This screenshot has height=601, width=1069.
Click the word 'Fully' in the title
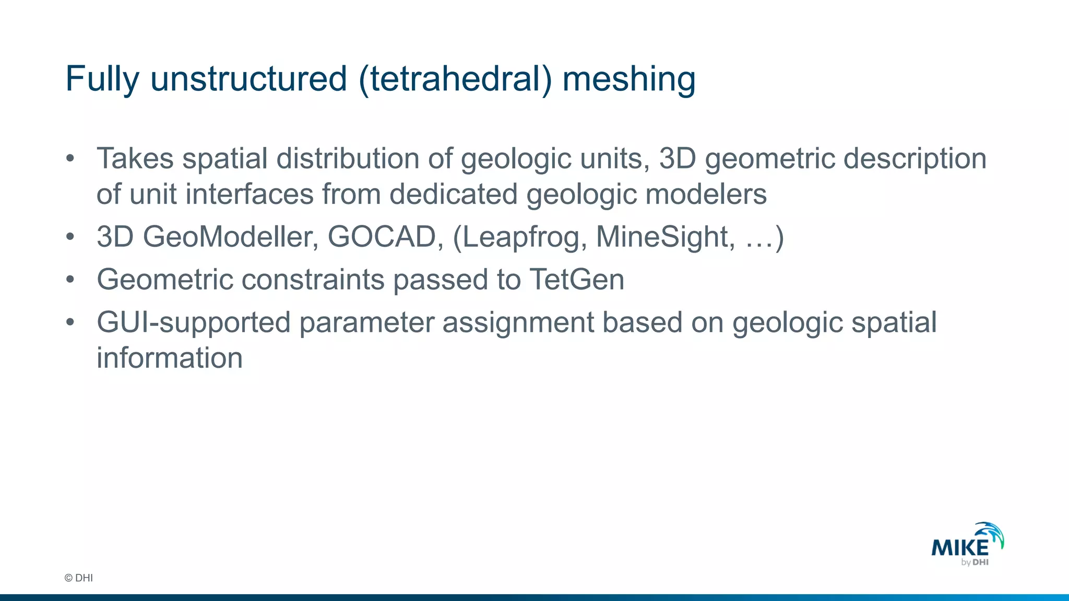[x=102, y=79]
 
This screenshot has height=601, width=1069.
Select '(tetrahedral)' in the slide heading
[x=455, y=79]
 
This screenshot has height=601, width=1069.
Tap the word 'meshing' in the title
[x=629, y=79]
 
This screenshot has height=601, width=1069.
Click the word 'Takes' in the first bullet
[x=135, y=159]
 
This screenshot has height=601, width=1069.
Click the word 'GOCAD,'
[x=385, y=237]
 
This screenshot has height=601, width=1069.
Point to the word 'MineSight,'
[x=666, y=237]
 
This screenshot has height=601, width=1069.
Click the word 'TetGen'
[x=577, y=280]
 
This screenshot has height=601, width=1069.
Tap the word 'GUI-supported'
[x=194, y=322]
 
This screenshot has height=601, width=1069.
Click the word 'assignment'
[x=518, y=322]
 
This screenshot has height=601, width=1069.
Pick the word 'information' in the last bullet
[x=170, y=358]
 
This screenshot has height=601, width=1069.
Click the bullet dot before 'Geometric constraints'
[x=70, y=280]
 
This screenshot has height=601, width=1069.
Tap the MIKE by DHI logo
[x=968, y=545]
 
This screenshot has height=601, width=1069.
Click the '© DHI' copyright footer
[x=79, y=578]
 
